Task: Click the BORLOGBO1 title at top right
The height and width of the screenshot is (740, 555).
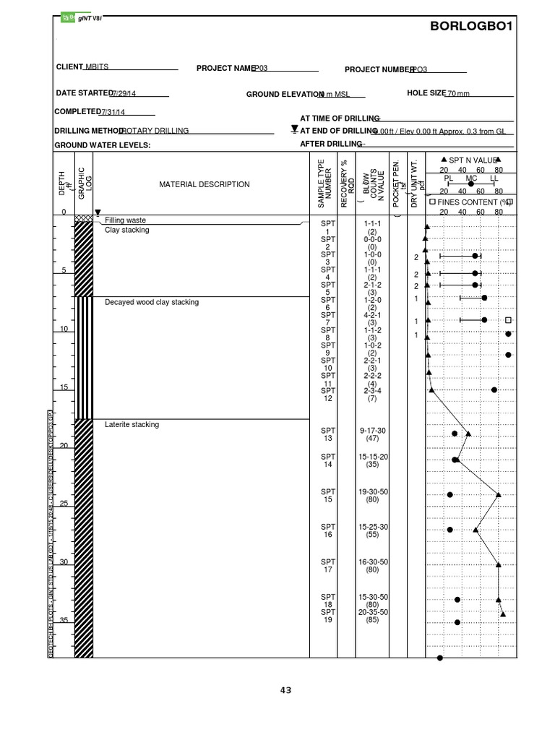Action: click(471, 27)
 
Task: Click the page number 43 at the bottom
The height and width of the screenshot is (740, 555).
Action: click(286, 690)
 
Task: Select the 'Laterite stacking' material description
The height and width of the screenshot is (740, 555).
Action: click(132, 425)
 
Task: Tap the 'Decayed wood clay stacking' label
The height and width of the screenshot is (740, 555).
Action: click(152, 302)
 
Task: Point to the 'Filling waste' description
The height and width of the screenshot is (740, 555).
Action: click(125, 220)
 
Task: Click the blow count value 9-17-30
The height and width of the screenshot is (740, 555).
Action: click(373, 431)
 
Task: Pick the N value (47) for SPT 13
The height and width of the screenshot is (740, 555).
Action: click(373, 439)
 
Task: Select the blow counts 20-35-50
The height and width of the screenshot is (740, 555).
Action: click(373, 612)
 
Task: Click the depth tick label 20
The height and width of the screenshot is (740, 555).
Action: click(63, 445)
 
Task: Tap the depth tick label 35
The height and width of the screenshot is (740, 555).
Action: click(63, 621)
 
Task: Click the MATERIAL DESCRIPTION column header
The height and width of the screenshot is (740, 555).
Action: click(205, 184)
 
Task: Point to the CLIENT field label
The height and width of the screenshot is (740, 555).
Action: click(70, 66)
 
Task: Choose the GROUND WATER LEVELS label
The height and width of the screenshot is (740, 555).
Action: click(102, 145)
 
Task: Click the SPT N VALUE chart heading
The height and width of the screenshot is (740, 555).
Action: click(472, 160)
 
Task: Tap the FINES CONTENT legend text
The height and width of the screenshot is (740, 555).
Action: click(469, 202)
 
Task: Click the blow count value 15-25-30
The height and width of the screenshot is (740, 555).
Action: click(373, 527)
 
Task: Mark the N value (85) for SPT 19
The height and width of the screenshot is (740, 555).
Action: click(373, 620)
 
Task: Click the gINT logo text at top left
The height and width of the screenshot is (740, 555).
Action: click(90, 17)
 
